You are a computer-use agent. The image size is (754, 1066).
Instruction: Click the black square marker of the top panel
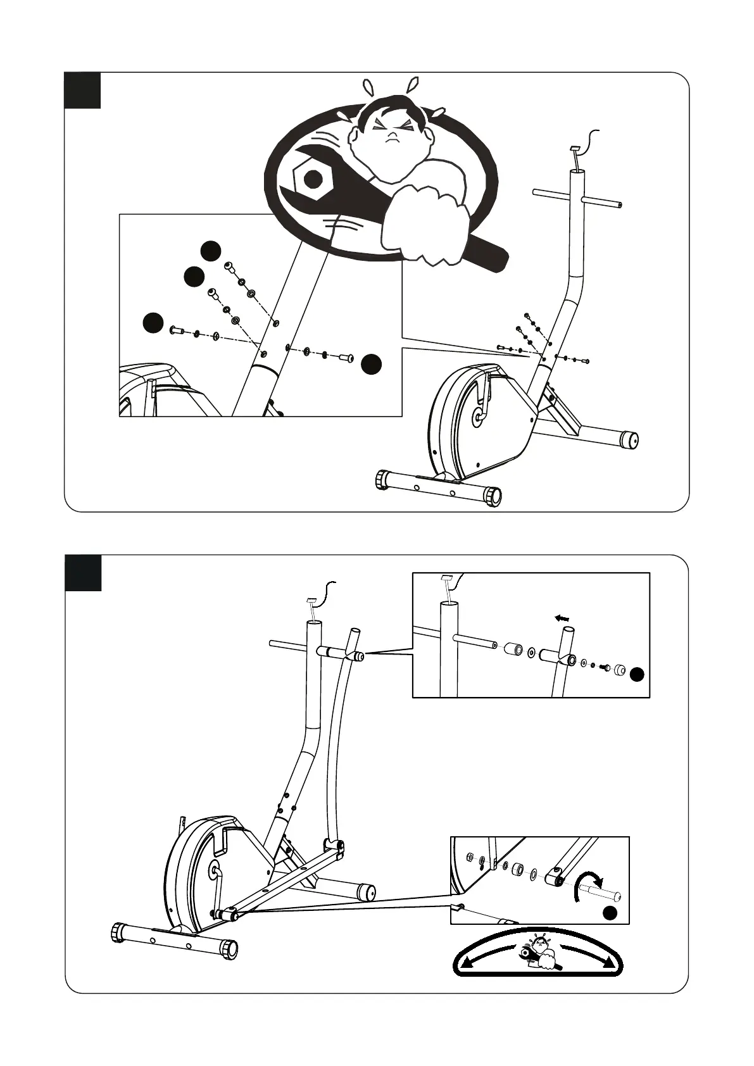pyautogui.click(x=83, y=91)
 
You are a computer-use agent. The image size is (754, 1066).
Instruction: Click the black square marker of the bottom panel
pyautogui.click(x=83, y=573)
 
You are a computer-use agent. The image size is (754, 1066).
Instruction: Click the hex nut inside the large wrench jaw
pyautogui.click(x=312, y=180)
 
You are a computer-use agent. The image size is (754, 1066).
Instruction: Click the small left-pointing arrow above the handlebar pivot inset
pyautogui.click(x=562, y=618)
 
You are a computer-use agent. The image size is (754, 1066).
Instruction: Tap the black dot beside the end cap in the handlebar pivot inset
pyautogui.click(x=638, y=675)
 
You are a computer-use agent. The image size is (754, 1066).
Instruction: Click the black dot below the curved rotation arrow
pyautogui.click(x=609, y=912)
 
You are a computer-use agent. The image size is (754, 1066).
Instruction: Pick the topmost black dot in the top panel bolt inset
pyautogui.click(x=211, y=251)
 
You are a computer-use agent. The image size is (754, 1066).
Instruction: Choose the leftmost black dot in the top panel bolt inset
pyautogui.click(x=152, y=323)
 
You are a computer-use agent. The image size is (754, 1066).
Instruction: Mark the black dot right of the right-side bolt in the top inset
pyautogui.click(x=372, y=363)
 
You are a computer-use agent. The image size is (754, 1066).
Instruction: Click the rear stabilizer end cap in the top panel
pyautogui.click(x=629, y=439)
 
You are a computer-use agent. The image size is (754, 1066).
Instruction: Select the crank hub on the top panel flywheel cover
pyautogui.click(x=478, y=417)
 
